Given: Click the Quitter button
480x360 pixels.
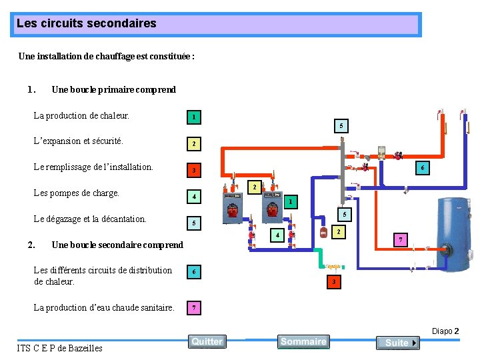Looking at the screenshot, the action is pyautogui.click(x=207, y=341).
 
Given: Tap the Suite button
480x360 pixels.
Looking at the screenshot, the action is pyautogui.click(x=397, y=343).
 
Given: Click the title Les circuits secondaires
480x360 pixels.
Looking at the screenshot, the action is pyautogui.click(x=87, y=23).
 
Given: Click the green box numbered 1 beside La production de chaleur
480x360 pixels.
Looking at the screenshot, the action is pyautogui.click(x=193, y=118).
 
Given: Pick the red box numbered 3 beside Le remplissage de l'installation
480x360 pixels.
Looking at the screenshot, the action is pyautogui.click(x=193, y=171).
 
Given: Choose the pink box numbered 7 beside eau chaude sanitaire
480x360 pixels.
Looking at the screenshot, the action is pyautogui.click(x=193, y=308).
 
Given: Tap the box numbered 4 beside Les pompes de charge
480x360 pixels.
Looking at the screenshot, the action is pyautogui.click(x=193, y=197).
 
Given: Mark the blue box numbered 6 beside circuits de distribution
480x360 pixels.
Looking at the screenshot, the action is pyautogui.click(x=193, y=272).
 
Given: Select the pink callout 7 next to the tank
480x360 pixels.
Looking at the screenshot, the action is pyautogui.click(x=400, y=239).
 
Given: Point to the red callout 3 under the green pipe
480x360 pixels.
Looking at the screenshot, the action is pyautogui.click(x=333, y=282).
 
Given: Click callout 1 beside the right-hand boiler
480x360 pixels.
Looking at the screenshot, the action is pyautogui.click(x=289, y=201).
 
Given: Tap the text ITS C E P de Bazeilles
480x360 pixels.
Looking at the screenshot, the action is pyautogui.click(x=59, y=348).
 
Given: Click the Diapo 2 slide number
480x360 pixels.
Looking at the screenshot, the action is pyautogui.click(x=445, y=331).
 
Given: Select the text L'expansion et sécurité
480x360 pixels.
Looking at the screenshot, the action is pyautogui.click(x=79, y=141).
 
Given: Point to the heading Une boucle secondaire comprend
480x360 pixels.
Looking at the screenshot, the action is pyautogui.click(x=117, y=245).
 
